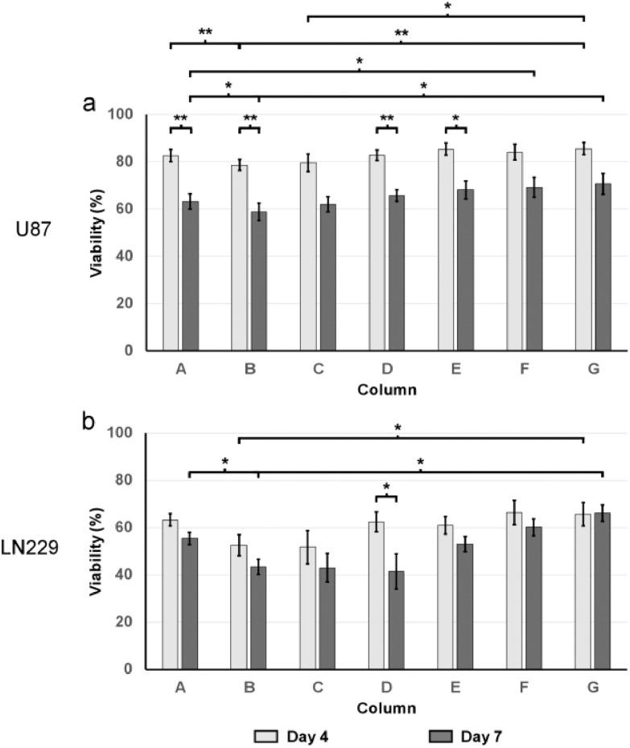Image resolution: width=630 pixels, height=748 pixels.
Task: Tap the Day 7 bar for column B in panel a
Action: [x=258, y=282]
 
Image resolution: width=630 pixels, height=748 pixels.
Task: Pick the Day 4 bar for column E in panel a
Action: [x=446, y=250]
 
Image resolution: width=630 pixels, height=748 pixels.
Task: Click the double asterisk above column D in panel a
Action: [x=386, y=119]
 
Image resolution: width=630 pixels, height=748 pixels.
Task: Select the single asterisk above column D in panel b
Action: [x=386, y=487]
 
